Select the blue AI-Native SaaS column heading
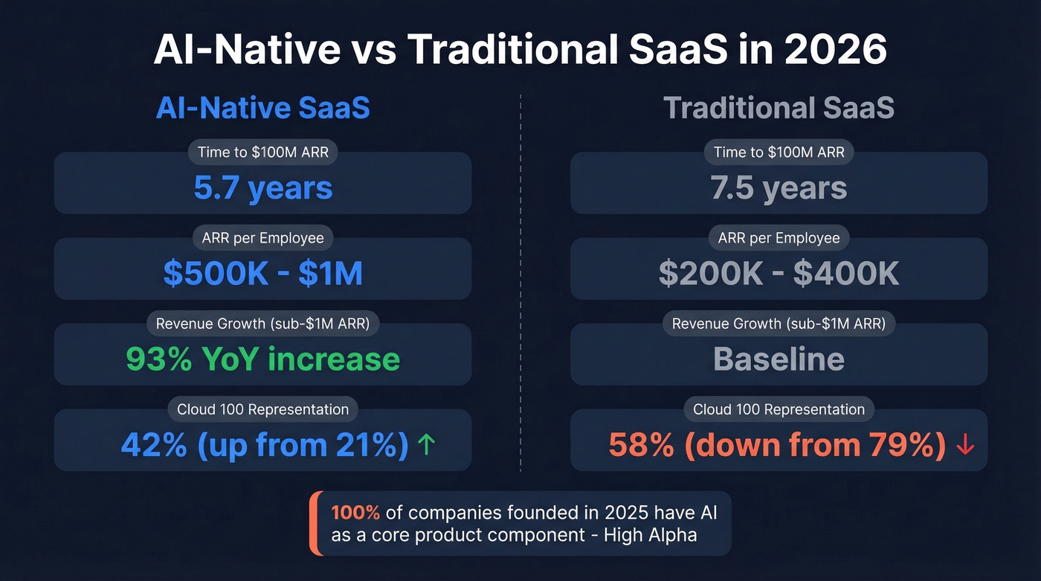pos(262,109)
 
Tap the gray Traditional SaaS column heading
pos(779,109)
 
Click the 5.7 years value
pos(262,188)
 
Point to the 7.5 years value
pos(779,188)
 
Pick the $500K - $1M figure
pos(262,274)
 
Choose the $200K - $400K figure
pos(779,274)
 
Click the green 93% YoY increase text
pos(262,359)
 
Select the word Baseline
pos(779,359)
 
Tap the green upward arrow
pos(426,445)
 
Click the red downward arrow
pos(964,445)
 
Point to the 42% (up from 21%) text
pos(264,445)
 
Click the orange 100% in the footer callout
pos(355,513)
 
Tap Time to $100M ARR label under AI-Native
pos(262,153)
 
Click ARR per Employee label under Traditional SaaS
pos(779,238)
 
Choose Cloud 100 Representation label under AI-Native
pos(262,409)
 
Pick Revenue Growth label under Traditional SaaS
pos(779,324)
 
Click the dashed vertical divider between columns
pos(520,283)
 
